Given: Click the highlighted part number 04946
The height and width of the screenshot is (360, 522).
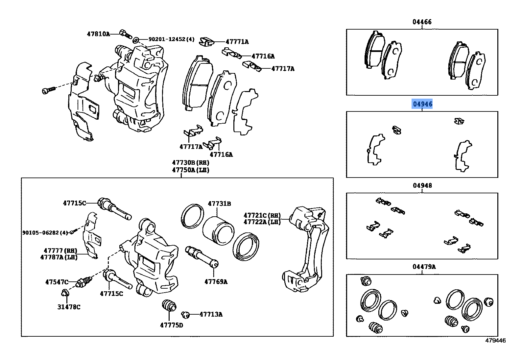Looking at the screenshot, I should tap(422, 104).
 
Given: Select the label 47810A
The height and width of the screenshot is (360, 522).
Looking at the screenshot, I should tap(98, 34).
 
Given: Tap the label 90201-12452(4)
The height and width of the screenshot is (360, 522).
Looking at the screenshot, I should tap(171, 39).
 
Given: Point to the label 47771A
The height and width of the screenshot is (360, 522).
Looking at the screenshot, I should tap(237, 42).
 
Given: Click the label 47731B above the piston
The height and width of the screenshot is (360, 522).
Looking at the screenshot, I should tap(219, 204).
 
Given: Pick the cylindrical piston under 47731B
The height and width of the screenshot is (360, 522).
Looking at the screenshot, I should tap(217, 230).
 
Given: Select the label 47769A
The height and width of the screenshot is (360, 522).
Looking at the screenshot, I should tap(216, 282).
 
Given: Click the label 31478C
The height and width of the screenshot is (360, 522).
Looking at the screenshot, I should tap(69, 307).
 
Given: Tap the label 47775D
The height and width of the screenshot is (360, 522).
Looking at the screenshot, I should tap(172, 325).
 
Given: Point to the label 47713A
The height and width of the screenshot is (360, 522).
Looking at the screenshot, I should tap(211, 314).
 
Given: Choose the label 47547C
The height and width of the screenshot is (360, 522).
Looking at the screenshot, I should tap(57, 282).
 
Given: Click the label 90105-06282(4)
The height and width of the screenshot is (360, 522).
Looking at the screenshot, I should tap(45, 232).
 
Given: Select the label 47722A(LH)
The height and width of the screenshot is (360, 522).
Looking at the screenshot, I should tap(262, 222).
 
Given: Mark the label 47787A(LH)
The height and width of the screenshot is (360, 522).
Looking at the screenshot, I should tap(59, 257).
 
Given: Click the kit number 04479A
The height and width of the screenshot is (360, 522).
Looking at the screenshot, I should tap(424, 267).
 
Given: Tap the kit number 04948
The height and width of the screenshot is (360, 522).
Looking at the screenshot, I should tap(422, 185).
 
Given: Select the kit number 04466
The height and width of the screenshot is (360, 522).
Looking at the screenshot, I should tap(422, 22).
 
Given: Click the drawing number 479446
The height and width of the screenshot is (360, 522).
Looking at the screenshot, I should tap(495, 341).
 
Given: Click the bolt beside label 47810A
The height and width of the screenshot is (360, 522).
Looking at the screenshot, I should tap(125, 33).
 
